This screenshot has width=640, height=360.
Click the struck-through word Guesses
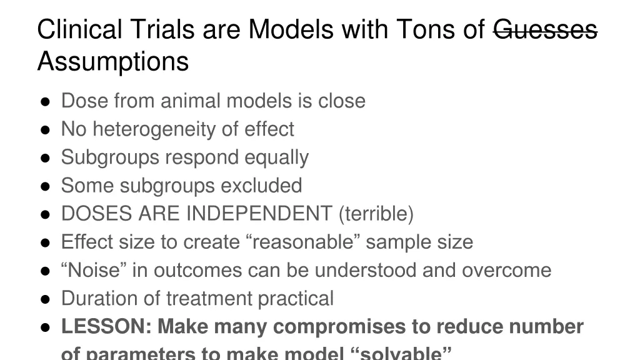pyautogui.click(x=545, y=29)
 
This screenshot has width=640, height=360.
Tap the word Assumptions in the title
pyautogui.click(x=113, y=62)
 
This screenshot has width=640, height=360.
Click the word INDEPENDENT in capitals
pyautogui.click(x=258, y=214)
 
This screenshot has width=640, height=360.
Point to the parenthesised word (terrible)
pyautogui.click(x=376, y=214)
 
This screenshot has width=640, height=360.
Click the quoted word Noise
pyautogui.click(x=92, y=270)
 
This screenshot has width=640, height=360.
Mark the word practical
pyautogui.click(x=296, y=298)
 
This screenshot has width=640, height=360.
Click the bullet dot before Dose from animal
pyautogui.click(x=46, y=101)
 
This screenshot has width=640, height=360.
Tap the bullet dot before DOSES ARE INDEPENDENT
pyautogui.click(x=46, y=214)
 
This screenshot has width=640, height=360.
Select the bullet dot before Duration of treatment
pyautogui.click(x=46, y=299)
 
